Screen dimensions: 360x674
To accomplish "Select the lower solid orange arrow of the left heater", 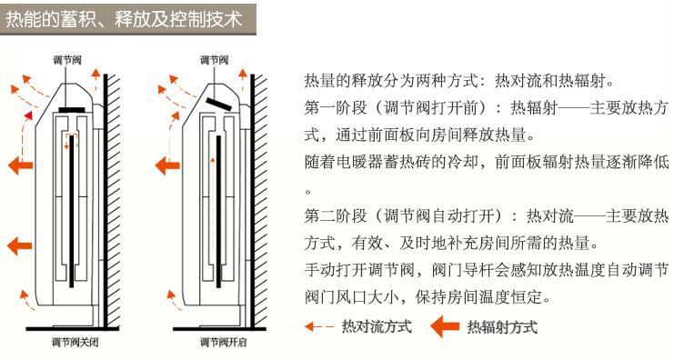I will [17, 245].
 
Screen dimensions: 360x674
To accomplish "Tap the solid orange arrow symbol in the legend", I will [446, 326].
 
